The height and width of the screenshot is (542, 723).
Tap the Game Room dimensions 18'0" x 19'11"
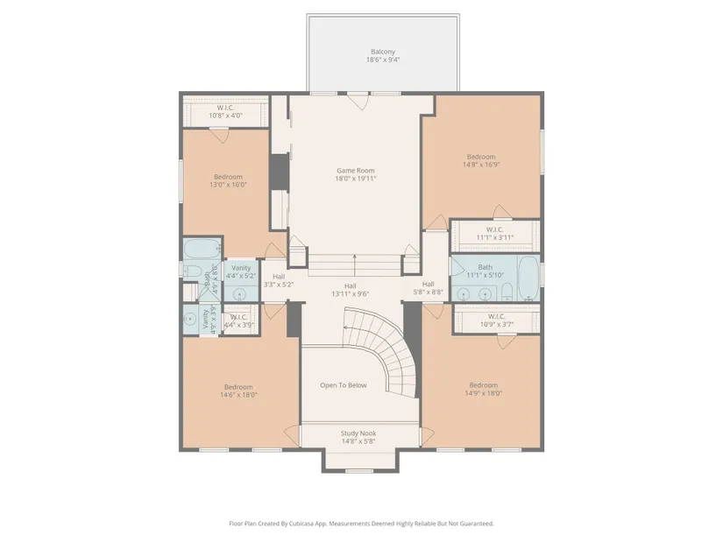[356, 179]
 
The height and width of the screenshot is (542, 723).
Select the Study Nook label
[358, 433]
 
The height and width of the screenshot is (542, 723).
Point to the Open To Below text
[344, 385]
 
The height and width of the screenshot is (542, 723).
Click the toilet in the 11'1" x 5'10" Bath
[507, 292]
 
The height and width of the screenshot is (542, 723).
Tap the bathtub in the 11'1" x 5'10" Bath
[528, 278]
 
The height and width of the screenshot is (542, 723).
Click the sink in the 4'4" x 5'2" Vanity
[239, 293]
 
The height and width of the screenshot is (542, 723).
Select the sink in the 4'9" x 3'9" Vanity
[189, 319]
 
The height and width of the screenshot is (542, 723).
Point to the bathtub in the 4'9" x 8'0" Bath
[202, 249]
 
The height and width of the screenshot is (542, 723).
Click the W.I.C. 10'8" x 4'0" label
[225, 111]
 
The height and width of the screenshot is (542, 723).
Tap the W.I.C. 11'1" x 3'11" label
[495, 234]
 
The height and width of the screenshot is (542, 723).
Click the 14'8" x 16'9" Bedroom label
[481, 160]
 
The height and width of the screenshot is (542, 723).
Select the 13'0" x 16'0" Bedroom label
[228, 180]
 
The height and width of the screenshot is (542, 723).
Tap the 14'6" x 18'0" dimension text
[238, 395]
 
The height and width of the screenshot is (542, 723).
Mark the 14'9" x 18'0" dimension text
[483, 393]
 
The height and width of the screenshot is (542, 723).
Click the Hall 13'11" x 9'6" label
[350, 290]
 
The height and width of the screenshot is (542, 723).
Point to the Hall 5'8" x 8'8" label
[428, 288]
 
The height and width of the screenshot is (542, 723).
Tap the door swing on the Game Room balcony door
[358, 102]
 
